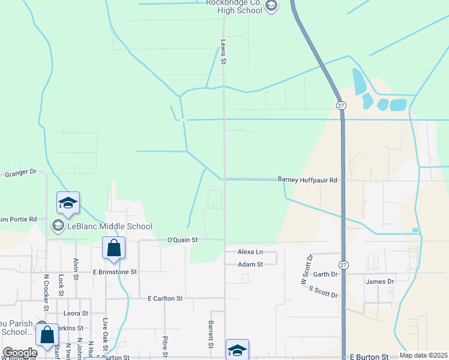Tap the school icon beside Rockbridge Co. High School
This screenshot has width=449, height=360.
(271, 7)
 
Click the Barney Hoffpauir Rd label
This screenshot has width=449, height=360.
(307, 179)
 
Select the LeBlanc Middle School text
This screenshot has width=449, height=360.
(109, 226)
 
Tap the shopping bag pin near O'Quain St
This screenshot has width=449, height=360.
(113, 248)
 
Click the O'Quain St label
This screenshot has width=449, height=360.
(182, 240)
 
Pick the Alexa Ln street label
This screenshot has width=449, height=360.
(250, 252)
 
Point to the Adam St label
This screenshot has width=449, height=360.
(250, 264)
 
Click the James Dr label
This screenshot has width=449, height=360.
(379, 281)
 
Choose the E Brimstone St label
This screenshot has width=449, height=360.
(115, 271)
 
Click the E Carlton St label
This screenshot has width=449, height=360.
(164, 298)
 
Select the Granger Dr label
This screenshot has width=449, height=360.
(20, 174)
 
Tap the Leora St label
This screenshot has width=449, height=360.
(76, 313)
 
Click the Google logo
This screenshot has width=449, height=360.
(20, 353)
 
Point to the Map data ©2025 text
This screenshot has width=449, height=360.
(423, 355)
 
